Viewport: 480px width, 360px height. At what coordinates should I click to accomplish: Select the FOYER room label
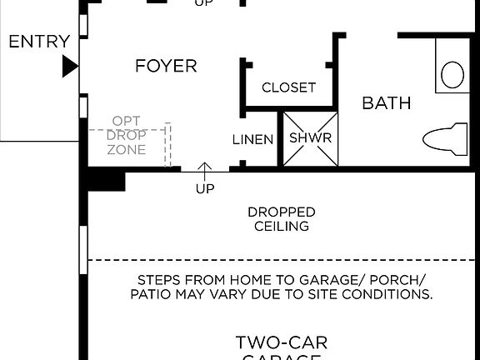[x=166, y=66]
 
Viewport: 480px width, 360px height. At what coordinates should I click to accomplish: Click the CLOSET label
[x=288, y=87]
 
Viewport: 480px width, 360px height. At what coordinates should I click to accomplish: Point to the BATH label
[x=386, y=103]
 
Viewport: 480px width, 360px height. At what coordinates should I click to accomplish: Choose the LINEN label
[x=252, y=139]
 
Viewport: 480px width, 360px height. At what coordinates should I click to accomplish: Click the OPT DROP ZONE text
[x=127, y=135]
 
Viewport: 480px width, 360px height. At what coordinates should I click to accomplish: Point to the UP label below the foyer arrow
[x=205, y=189]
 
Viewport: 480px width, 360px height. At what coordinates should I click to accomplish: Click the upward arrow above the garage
[x=205, y=172]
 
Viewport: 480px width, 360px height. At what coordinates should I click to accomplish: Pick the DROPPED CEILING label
[x=281, y=218]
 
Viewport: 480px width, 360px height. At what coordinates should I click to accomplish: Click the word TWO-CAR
[x=281, y=342]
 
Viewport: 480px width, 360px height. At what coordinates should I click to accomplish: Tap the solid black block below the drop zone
[x=106, y=180]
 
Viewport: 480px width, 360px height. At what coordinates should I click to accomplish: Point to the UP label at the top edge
[x=202, y=3]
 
